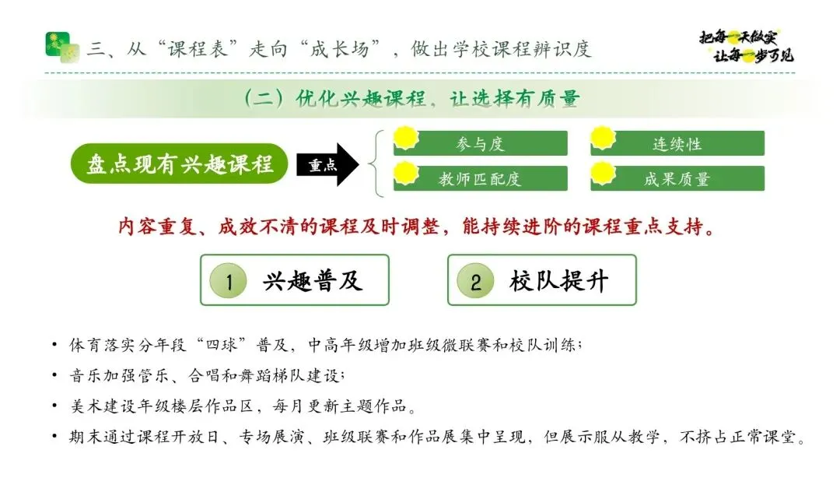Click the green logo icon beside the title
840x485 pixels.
[63, 47]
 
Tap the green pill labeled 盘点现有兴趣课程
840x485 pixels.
[179, 163]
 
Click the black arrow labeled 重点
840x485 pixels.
[327, 164]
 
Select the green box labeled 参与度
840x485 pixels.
[481, 143]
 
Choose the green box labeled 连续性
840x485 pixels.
[677, 143]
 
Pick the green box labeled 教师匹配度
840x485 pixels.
[481, 178]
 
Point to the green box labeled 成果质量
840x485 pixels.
[677, 178]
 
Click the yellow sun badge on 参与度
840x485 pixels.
[406, 138]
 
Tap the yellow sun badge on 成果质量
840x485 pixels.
[604, 173]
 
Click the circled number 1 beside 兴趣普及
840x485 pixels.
[228, 281]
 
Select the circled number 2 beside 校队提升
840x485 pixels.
[475, 281]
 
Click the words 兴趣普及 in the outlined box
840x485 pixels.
[313, 281]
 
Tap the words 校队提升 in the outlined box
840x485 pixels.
[559, 281]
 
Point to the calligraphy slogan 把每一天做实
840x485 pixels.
[738, 37]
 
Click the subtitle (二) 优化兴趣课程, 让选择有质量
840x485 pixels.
[411, 98]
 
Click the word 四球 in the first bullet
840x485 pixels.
[221, 344]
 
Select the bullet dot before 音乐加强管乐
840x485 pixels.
[54, 375]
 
